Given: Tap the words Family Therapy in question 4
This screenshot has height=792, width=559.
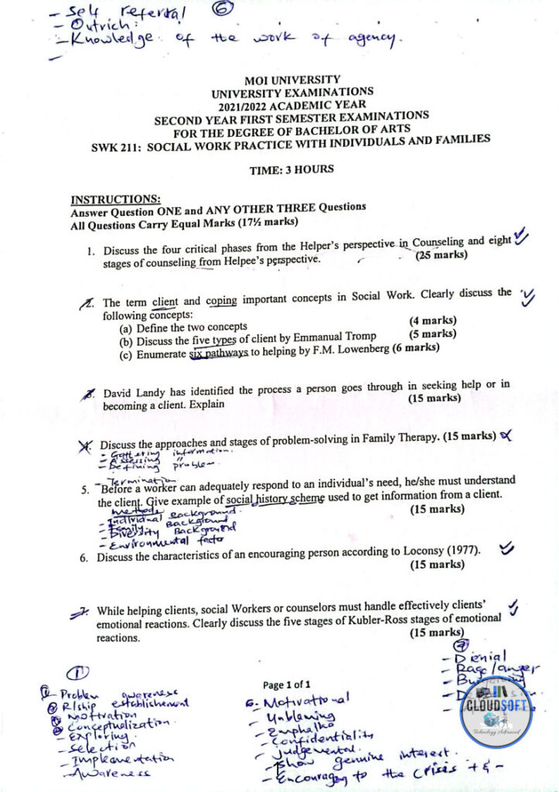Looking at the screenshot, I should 395,436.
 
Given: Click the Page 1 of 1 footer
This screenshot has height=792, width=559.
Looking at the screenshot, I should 286,684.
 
